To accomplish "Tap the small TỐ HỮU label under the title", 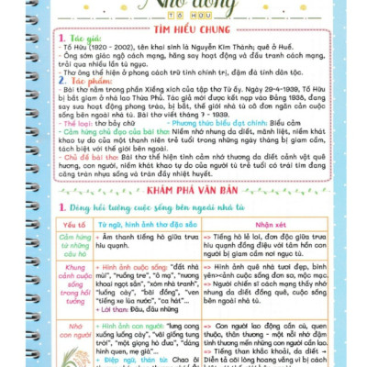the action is tap(184, 16).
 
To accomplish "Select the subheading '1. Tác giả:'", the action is tap(76, 42).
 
